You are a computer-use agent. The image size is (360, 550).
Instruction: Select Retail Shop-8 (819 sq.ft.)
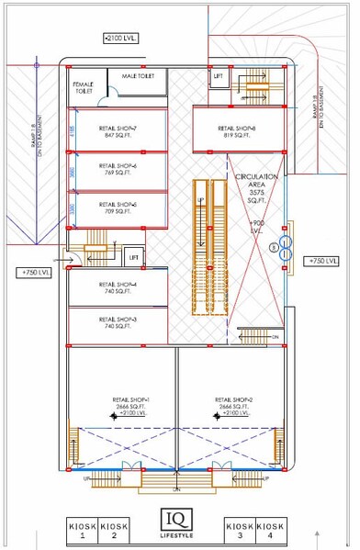tap(237, 131)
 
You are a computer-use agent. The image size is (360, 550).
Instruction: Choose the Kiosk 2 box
tap(114, 529)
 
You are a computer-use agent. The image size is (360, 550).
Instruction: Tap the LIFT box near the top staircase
tap(218, 78)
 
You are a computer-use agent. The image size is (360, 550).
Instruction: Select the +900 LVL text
tap(256, 227)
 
